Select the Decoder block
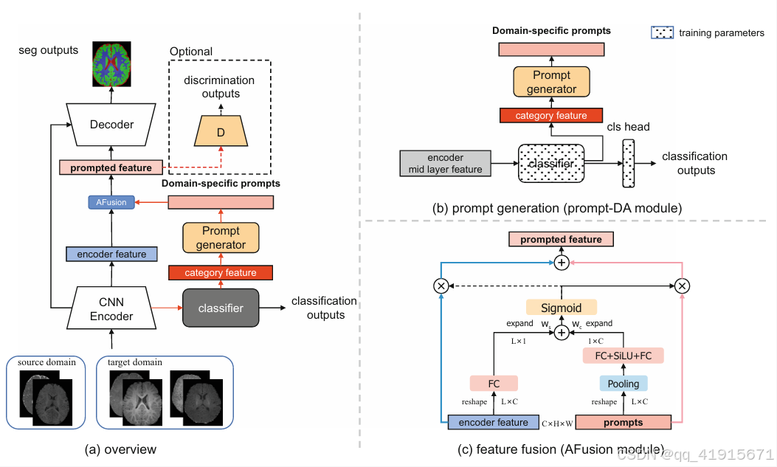(111, 125)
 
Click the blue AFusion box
(111, 202)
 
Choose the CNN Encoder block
(111, 309)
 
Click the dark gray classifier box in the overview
(221, 308)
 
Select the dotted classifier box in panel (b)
(551, 164)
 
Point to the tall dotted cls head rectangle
(629, 165)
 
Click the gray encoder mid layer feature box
(445, 164)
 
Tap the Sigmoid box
(562, 307)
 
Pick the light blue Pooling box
(624, 384)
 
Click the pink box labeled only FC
(494, 384)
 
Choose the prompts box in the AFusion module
(623, 423)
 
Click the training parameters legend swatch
(662, 32)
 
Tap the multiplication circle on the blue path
(441, 286)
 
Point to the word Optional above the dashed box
(191, 52)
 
